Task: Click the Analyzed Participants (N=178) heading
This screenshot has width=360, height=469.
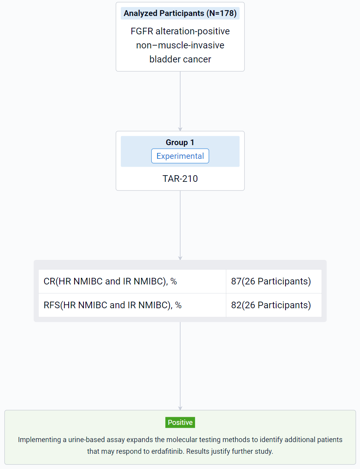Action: coord(180,13)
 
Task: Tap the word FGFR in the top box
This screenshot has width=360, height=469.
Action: coord(142,31)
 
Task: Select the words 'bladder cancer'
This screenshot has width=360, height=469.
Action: coord(180,59)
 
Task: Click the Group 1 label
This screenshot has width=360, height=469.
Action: coord(180,142)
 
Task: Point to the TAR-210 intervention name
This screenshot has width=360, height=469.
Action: coord(180,179)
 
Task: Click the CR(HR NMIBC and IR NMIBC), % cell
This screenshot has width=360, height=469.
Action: coord(132,281)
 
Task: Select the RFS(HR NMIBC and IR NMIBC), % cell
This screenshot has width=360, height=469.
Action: coord(132,305)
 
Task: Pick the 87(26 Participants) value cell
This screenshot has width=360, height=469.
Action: coord(274,281)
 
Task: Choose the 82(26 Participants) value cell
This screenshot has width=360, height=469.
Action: coord(274,305)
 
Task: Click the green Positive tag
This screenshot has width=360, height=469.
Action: coord(180,423)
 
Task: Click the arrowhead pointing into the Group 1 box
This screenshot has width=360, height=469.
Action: coord(180,129)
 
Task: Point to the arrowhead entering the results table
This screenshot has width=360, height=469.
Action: coord(180,258)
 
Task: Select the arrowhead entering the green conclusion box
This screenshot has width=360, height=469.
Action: coord(180,409)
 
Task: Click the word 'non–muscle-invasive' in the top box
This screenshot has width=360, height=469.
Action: coord(180,45)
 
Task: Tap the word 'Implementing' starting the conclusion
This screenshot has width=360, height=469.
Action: coord(39,440)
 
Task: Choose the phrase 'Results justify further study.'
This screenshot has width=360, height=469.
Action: coord(230,451)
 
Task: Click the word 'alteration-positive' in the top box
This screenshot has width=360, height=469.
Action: coord(193,32)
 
